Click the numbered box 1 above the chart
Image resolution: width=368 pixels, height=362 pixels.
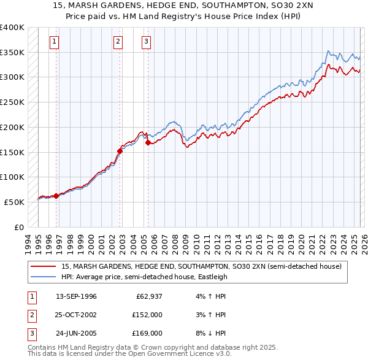(x=55, y=42)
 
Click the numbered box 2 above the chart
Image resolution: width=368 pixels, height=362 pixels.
(x=118, y=42)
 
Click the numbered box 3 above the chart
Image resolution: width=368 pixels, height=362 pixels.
(x=147, y=42)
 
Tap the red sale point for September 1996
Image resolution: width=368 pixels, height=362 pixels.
(x=56, y=196)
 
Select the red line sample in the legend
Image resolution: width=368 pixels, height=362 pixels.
(x=44, y=266)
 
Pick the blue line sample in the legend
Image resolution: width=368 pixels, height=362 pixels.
(x=44, y=277)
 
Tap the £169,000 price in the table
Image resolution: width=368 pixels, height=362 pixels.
(x=147, y=333)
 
